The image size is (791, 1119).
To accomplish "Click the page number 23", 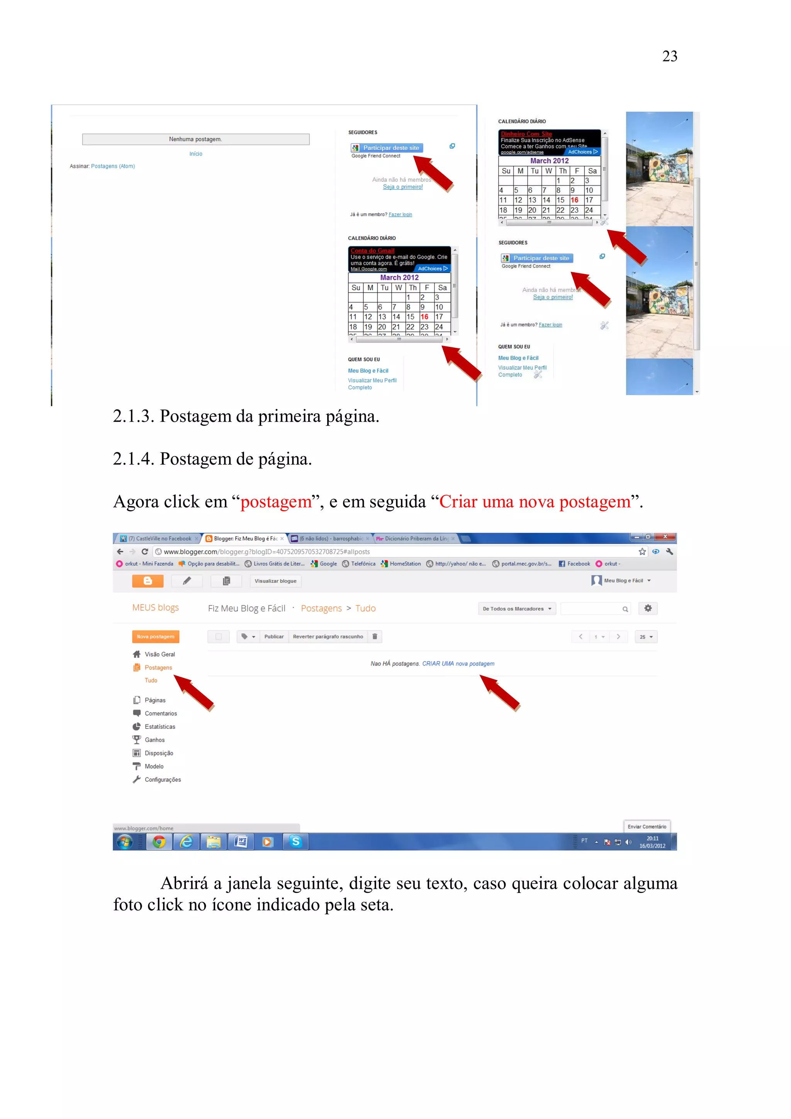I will tap(669, 56).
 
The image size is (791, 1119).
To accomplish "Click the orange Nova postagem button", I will tap(156, 637).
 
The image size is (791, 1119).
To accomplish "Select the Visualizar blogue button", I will tap(275, 581).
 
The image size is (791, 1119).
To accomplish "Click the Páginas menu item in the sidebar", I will tap(154, 700).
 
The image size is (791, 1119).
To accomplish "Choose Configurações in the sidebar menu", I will tap(162, 779).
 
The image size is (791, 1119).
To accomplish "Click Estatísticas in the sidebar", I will tap(160, 726).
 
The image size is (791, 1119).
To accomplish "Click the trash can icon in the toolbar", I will tap(375, 637).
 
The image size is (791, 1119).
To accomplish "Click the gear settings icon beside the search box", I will tap(648, 608).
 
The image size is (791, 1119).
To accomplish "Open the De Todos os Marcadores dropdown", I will tap(517, 609).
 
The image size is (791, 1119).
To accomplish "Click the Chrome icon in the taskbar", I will tap(159, 842).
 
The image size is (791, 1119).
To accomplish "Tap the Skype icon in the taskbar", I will tap(295, 842).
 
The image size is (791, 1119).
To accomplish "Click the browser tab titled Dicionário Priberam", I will tap(415, 538).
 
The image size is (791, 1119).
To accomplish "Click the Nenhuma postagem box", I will tap(195, 139).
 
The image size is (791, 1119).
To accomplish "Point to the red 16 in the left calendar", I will tap(424, 317).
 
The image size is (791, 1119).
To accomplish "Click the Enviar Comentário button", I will tap(647, 827).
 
